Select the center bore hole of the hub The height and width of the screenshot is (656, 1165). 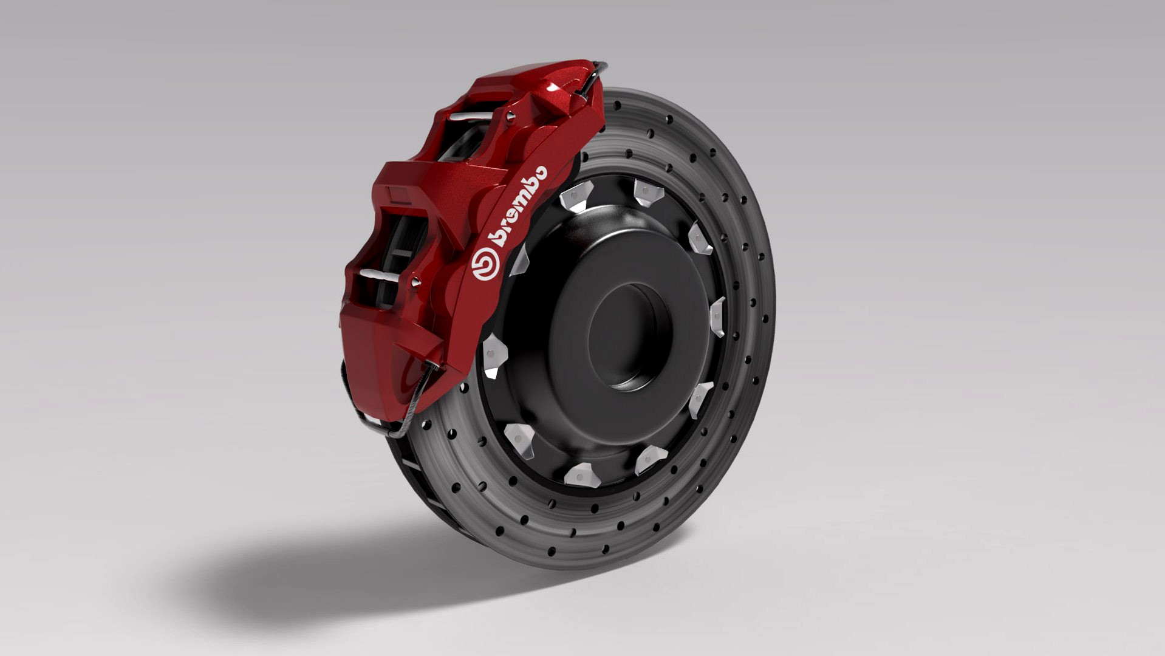coord(627,337)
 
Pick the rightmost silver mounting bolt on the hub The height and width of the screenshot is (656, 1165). coord(717,316)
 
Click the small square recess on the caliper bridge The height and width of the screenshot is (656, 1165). coord(398,194)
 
